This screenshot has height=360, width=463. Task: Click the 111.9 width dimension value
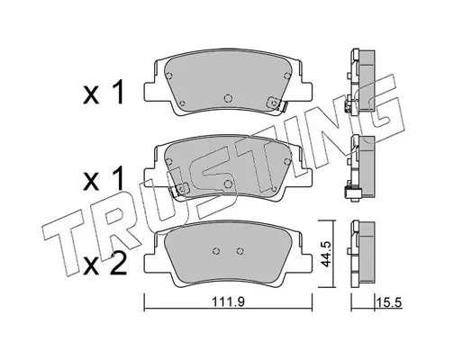pos(229,301)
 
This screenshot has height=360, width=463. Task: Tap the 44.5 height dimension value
pos(325,254)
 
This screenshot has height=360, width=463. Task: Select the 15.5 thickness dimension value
pos(389,302)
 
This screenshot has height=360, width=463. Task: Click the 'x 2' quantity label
pos(104,265)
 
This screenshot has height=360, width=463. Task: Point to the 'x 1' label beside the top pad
pos(104,93)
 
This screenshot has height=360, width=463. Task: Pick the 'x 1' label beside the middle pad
pos(104,179)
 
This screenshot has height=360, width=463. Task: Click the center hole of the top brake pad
pos(228,98)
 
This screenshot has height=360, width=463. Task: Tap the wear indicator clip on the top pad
pos(277,103)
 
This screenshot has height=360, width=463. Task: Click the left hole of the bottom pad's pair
pos(216,251)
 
